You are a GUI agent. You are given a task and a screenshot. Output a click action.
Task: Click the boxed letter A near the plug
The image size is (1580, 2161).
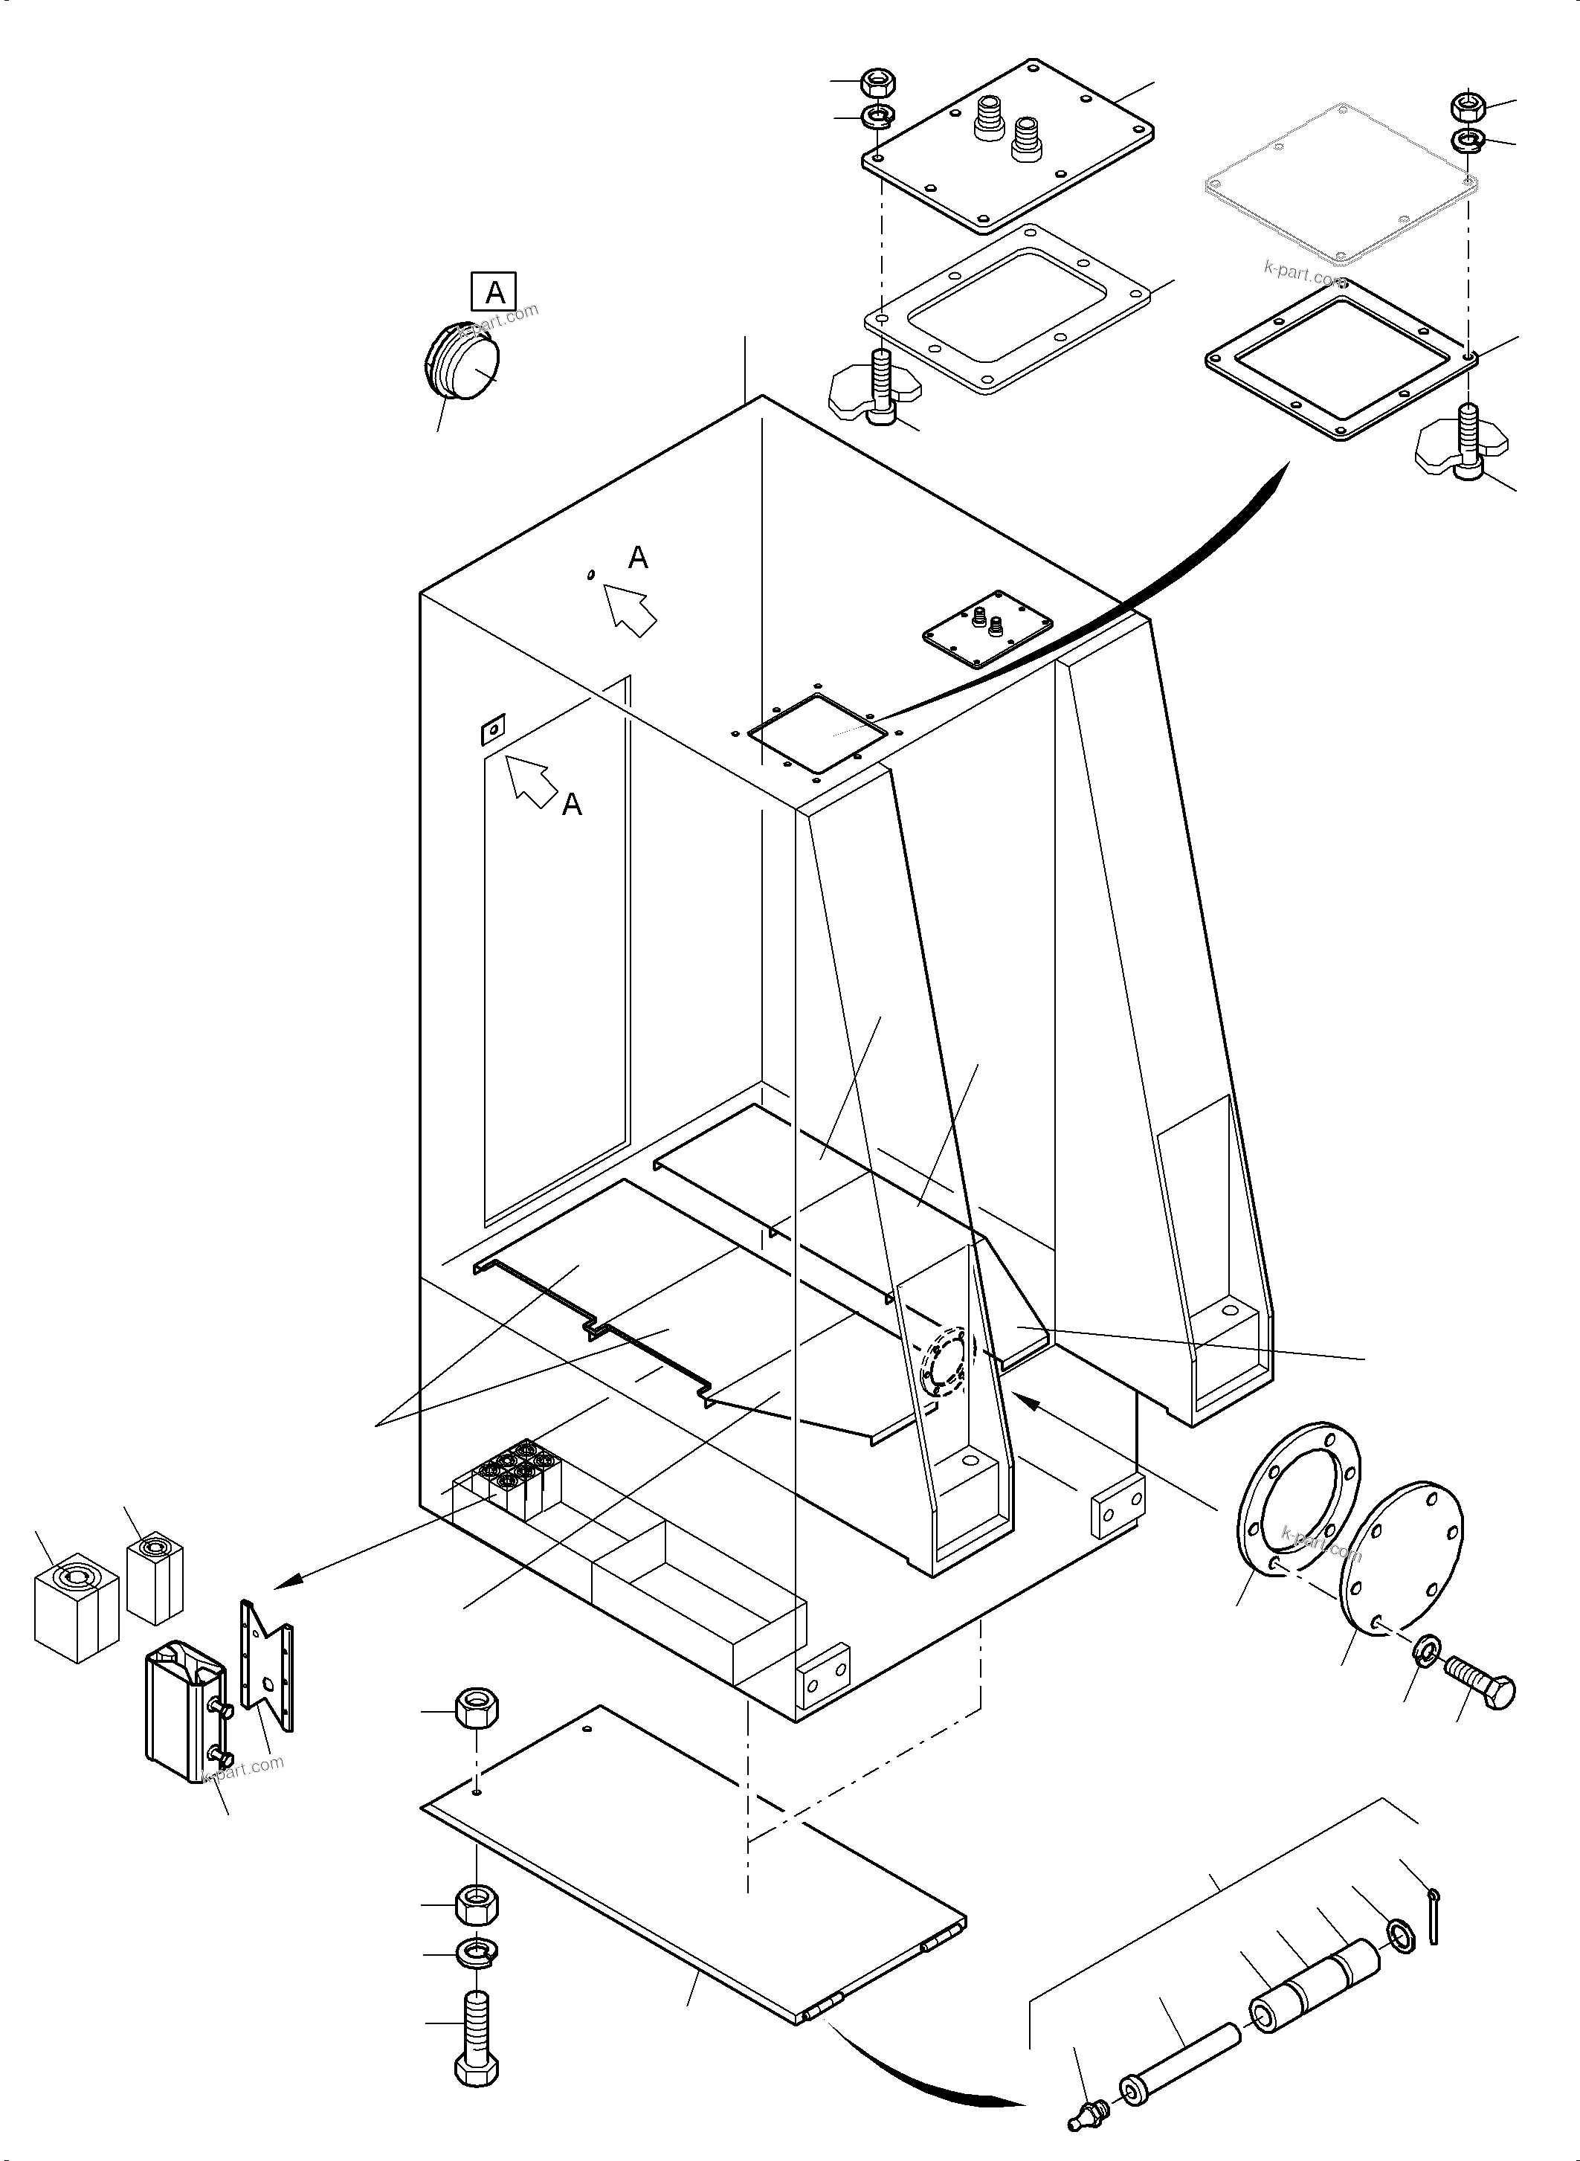(x=494, y=291)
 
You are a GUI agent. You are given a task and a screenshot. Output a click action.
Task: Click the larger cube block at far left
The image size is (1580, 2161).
(x=76, y=1608)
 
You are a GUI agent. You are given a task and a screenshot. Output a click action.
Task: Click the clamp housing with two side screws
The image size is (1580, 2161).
(x=187, y=1711)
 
